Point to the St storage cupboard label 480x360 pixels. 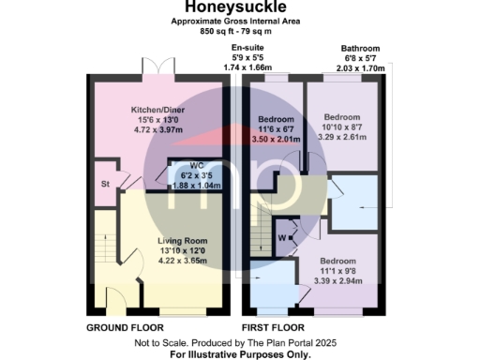(x=106, y=184)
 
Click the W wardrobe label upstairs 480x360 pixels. (x=281, y=236)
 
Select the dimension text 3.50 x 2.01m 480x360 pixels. (x=276, y=140)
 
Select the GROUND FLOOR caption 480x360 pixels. (x=125, y=328)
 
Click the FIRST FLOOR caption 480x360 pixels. (x=271, y=328)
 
